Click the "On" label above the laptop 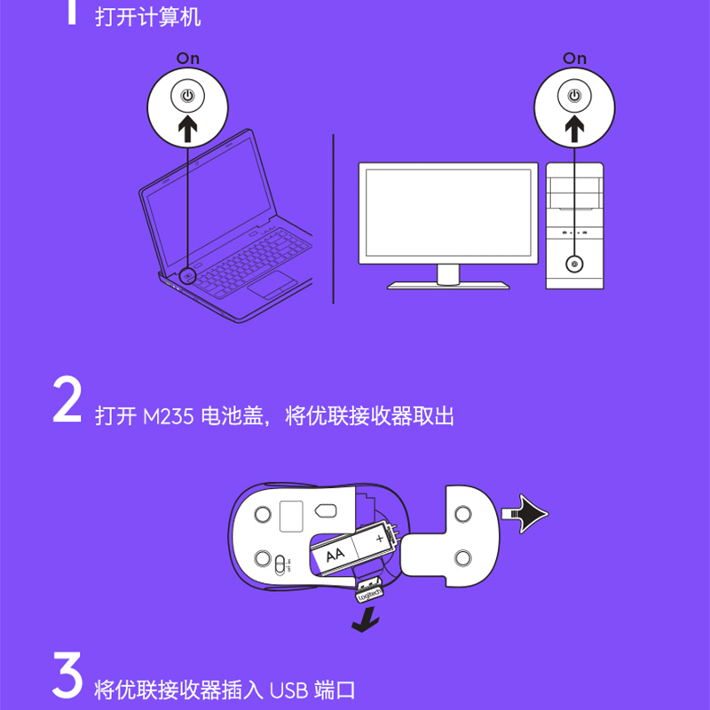(188, 59)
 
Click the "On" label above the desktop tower (574, 59)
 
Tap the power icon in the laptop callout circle (187, 96)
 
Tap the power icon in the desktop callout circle (574, 96)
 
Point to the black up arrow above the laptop (187, 128)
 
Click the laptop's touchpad (272, 285)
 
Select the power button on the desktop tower (574, 264)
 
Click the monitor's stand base (448, 285)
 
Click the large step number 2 (67, 400)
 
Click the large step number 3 (67, 675)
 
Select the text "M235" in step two (169, 416)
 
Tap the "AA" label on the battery (335, 554)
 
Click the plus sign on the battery (380, 539)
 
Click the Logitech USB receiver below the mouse (368, 591)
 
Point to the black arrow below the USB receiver (366, 620)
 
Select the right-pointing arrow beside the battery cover (525, 514)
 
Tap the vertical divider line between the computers (334, 218)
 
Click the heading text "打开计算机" (148, 18)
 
